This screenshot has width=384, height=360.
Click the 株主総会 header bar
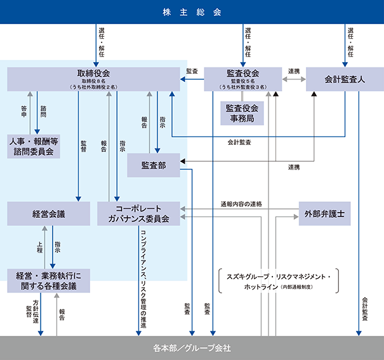192,12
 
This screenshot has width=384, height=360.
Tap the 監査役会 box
242,79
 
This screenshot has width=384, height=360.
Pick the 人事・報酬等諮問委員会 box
34,145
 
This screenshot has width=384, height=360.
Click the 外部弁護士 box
325,213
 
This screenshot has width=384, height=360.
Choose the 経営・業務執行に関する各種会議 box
48,280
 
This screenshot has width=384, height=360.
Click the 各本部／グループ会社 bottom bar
192,348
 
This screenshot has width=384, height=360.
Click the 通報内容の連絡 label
241,204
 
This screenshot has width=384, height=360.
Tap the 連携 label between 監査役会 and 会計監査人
293,71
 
